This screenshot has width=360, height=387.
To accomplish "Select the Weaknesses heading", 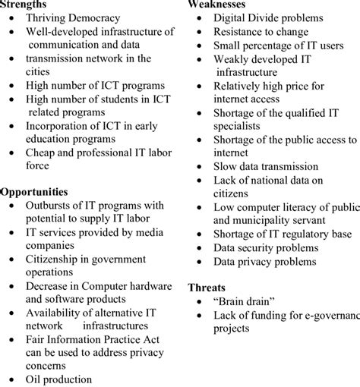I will click(219, 5).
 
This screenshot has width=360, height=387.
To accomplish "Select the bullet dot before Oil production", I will click(11, 379).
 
